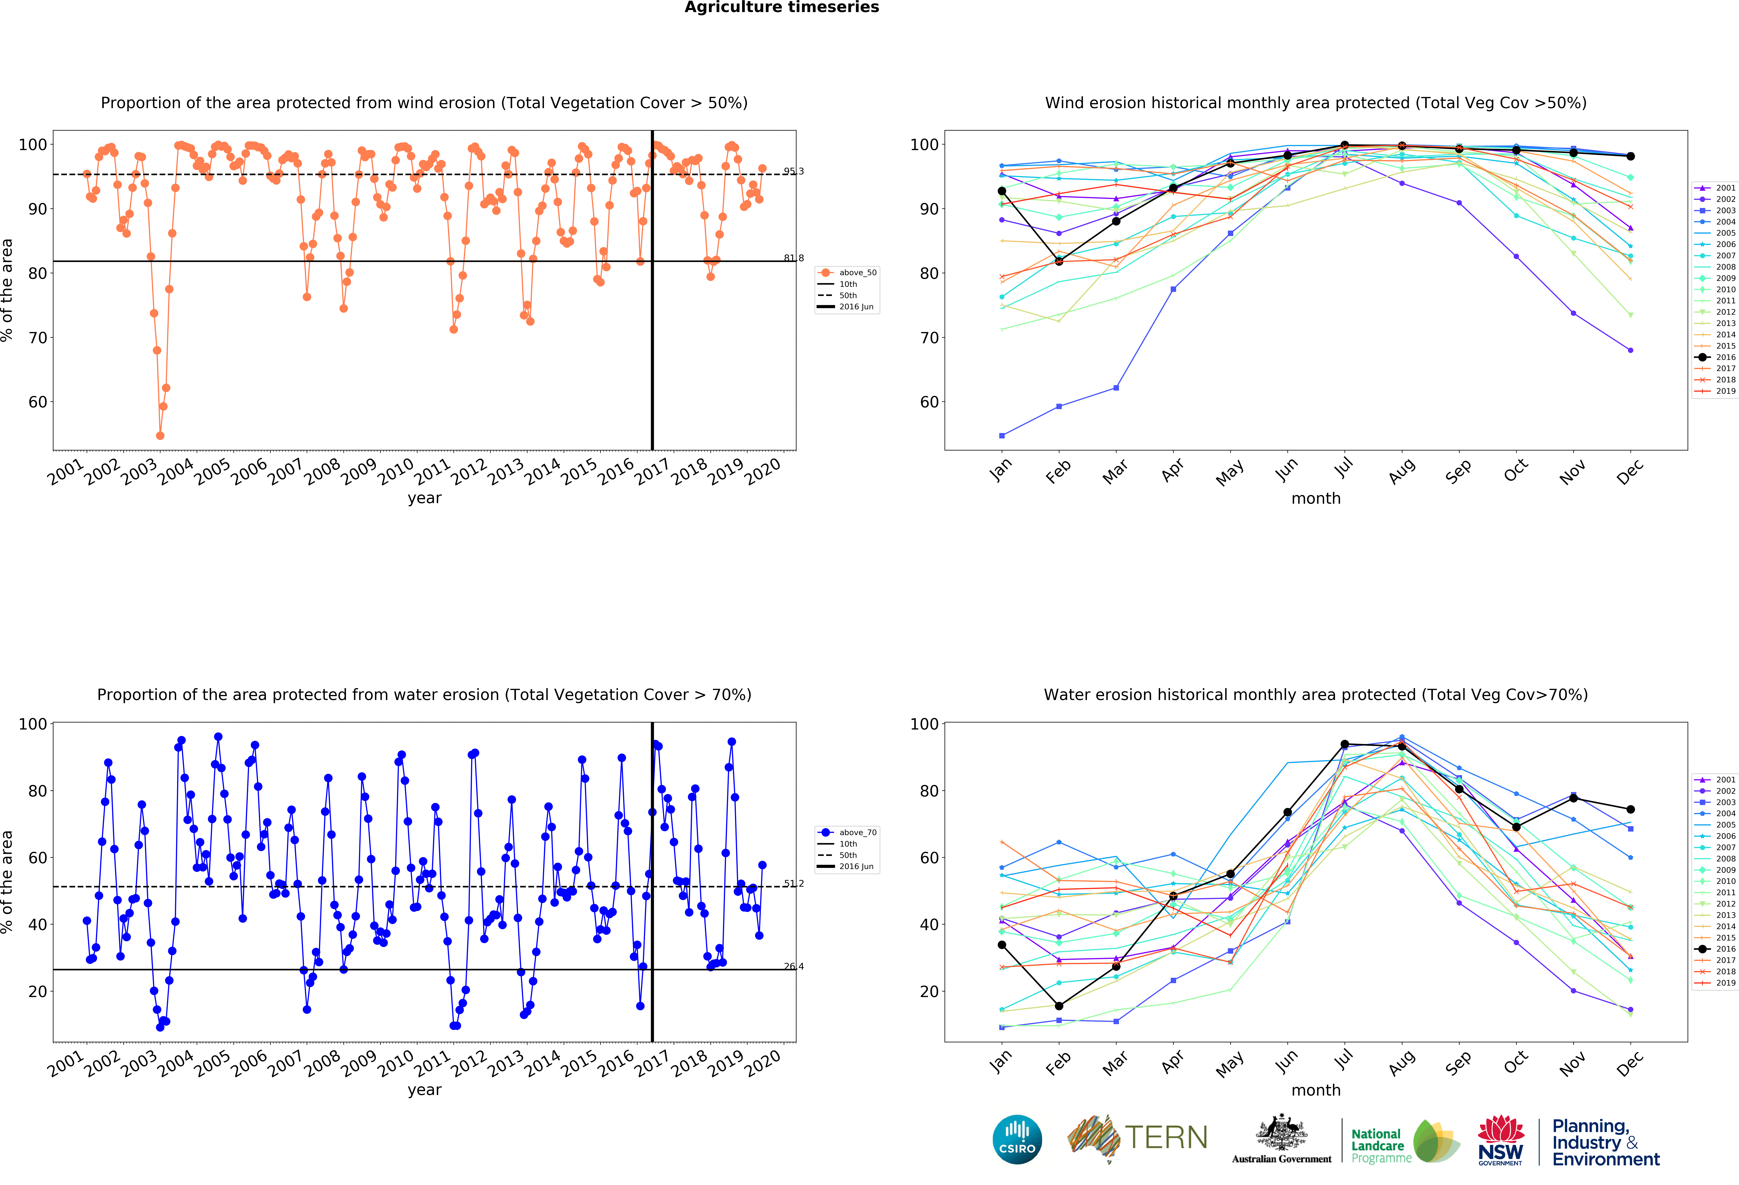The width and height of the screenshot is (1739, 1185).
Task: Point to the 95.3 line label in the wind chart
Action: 793,171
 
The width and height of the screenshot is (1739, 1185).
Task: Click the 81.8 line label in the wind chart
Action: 793,258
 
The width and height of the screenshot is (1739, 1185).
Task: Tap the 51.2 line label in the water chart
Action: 793,884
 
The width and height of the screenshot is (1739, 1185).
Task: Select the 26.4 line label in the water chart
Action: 793,967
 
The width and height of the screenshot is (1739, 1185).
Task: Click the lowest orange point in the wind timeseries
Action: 160,435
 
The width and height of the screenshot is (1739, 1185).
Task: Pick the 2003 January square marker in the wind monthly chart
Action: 1002,435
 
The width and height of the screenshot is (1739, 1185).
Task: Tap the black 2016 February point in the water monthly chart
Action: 1059,1006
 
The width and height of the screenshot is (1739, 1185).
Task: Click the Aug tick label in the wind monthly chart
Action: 1402,471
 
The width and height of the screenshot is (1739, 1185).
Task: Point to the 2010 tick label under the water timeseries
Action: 395,1062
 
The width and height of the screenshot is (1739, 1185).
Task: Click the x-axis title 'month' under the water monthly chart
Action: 1315,1090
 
